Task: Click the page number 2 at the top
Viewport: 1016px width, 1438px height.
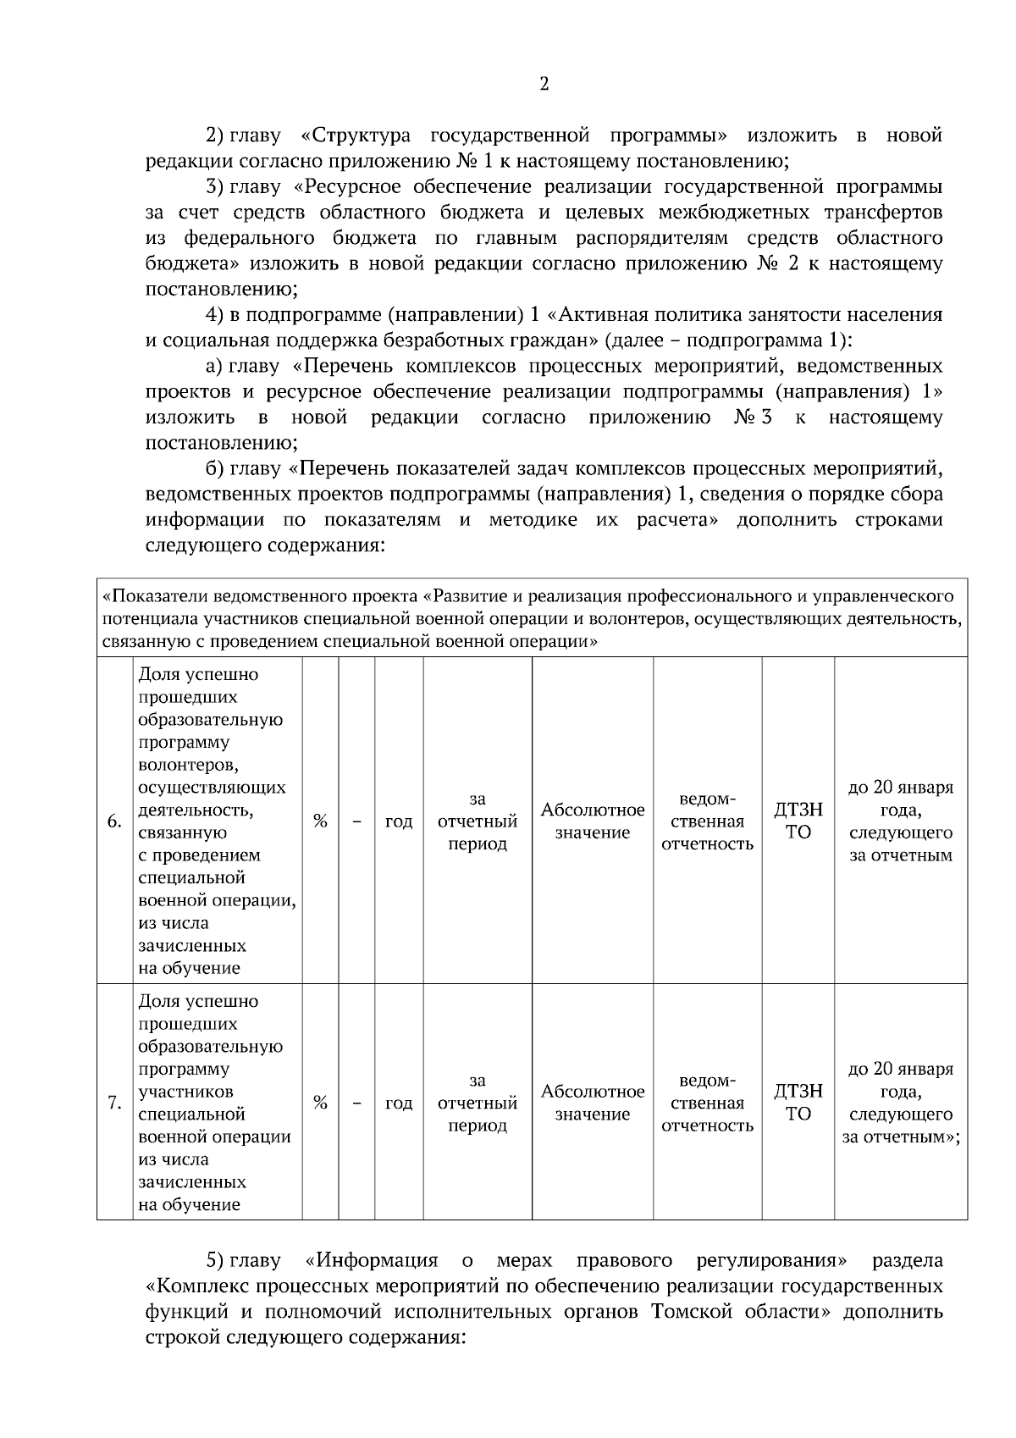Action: pos(544,84)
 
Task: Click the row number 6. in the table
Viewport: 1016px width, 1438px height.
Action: pos(114,821)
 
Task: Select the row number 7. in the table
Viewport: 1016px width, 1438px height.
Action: pos(114,1103)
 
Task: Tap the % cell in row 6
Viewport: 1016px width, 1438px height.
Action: pos(320,821)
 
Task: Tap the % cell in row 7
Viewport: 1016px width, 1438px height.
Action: pos(320,1103)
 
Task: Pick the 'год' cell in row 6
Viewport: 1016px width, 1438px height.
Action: pos(399,821)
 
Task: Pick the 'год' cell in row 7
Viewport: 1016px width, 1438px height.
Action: pos(399,1103)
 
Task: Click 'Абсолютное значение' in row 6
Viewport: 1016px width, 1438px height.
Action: pos(593,821)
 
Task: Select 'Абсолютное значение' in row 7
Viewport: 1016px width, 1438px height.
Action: pos(593,1103)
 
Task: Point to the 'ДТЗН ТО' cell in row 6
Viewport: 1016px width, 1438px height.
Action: pos(798,821)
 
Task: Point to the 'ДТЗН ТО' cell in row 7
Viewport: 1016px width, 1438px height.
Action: pos(798,1103)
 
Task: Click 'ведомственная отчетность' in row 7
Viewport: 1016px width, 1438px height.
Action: pos(708,1103)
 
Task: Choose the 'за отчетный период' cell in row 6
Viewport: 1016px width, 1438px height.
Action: pos(478,821)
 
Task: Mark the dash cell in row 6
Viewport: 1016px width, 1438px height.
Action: pos(356,821)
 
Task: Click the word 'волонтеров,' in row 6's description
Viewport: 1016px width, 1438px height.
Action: pos(187,766)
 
